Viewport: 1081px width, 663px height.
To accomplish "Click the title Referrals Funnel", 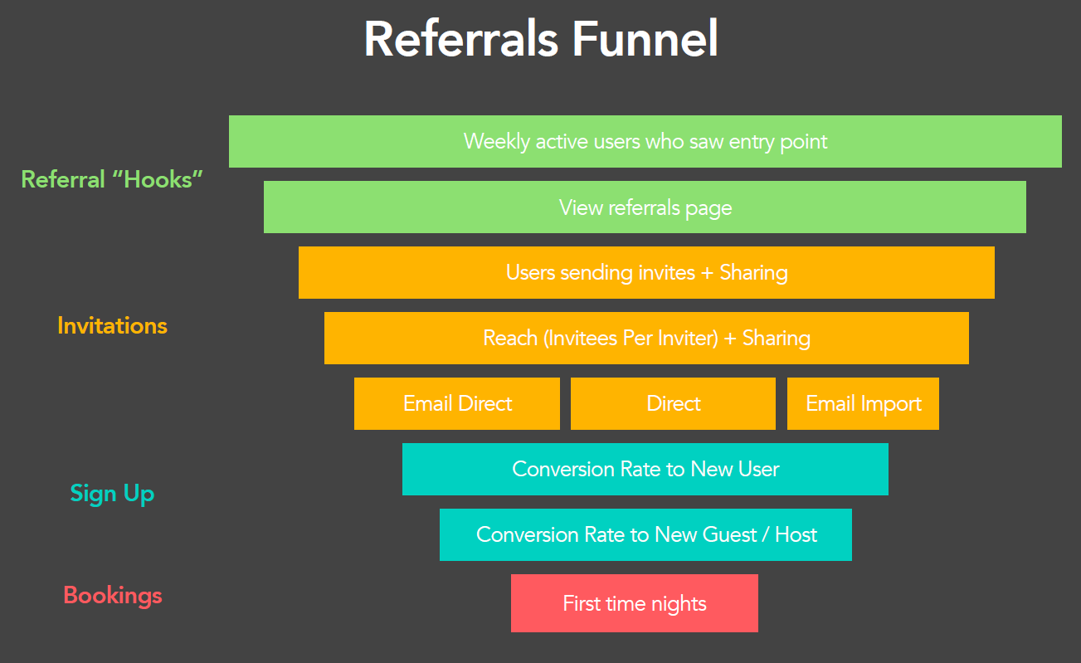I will tap(541, 38).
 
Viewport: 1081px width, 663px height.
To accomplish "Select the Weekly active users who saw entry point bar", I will tap(645, 141).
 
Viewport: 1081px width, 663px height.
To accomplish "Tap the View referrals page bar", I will tap(645, 207).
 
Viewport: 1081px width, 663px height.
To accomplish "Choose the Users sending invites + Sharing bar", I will tap(646, 272).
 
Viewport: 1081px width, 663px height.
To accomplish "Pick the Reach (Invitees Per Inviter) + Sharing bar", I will tap(646, 338).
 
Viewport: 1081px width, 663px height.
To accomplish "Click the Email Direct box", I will tap(457, 403).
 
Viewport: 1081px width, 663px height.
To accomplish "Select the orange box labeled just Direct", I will tap(673, 403).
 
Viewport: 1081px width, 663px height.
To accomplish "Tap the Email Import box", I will tap(863, 403).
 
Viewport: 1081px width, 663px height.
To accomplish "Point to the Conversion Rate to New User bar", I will tap(645, 469).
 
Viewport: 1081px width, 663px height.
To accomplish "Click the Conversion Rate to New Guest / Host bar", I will tap(645, 534).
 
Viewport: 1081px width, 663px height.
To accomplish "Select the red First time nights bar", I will tap(634, 603).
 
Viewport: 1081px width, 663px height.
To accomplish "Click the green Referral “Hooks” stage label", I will tap(112, 179).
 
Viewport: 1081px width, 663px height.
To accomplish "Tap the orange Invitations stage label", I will tap(112, 325).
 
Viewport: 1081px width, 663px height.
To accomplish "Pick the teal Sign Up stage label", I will tap(112, 494).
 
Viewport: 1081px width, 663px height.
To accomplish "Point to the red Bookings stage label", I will tap(112, 595).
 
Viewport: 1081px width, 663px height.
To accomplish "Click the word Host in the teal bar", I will tap(796, 534).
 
